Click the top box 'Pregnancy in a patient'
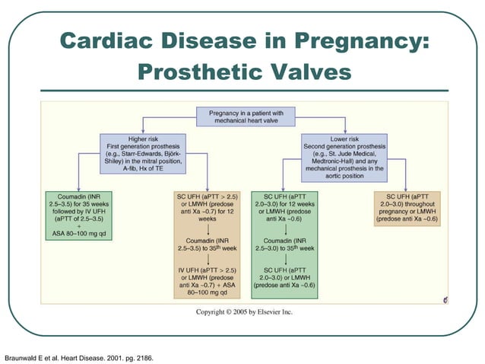tap(245, 116)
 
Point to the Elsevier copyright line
tap(244, 311)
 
